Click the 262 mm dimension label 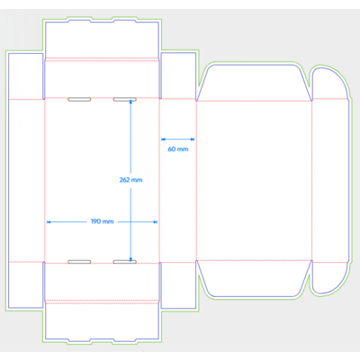pos(130,180)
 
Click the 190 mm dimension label pos(103,221)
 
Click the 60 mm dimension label pos(178,149)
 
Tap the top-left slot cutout pos(79,99)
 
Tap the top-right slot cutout pos(125,99)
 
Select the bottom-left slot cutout pos(79,262)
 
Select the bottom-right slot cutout pos(125,262)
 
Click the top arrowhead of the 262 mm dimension pos(130,102)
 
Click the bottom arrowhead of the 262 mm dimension pos(130,259)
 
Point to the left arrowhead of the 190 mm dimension pos(49,222)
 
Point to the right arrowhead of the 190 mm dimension pos(156,222)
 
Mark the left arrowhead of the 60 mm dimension pos(164,139)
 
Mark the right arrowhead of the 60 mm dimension pos(193,139)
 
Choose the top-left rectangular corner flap pos(26,76)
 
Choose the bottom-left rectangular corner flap pos(26,285)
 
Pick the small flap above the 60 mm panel pos(178,76)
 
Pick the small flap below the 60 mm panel pos(178,285)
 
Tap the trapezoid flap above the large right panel pos(254,83)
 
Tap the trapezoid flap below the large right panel pos(254,279)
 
